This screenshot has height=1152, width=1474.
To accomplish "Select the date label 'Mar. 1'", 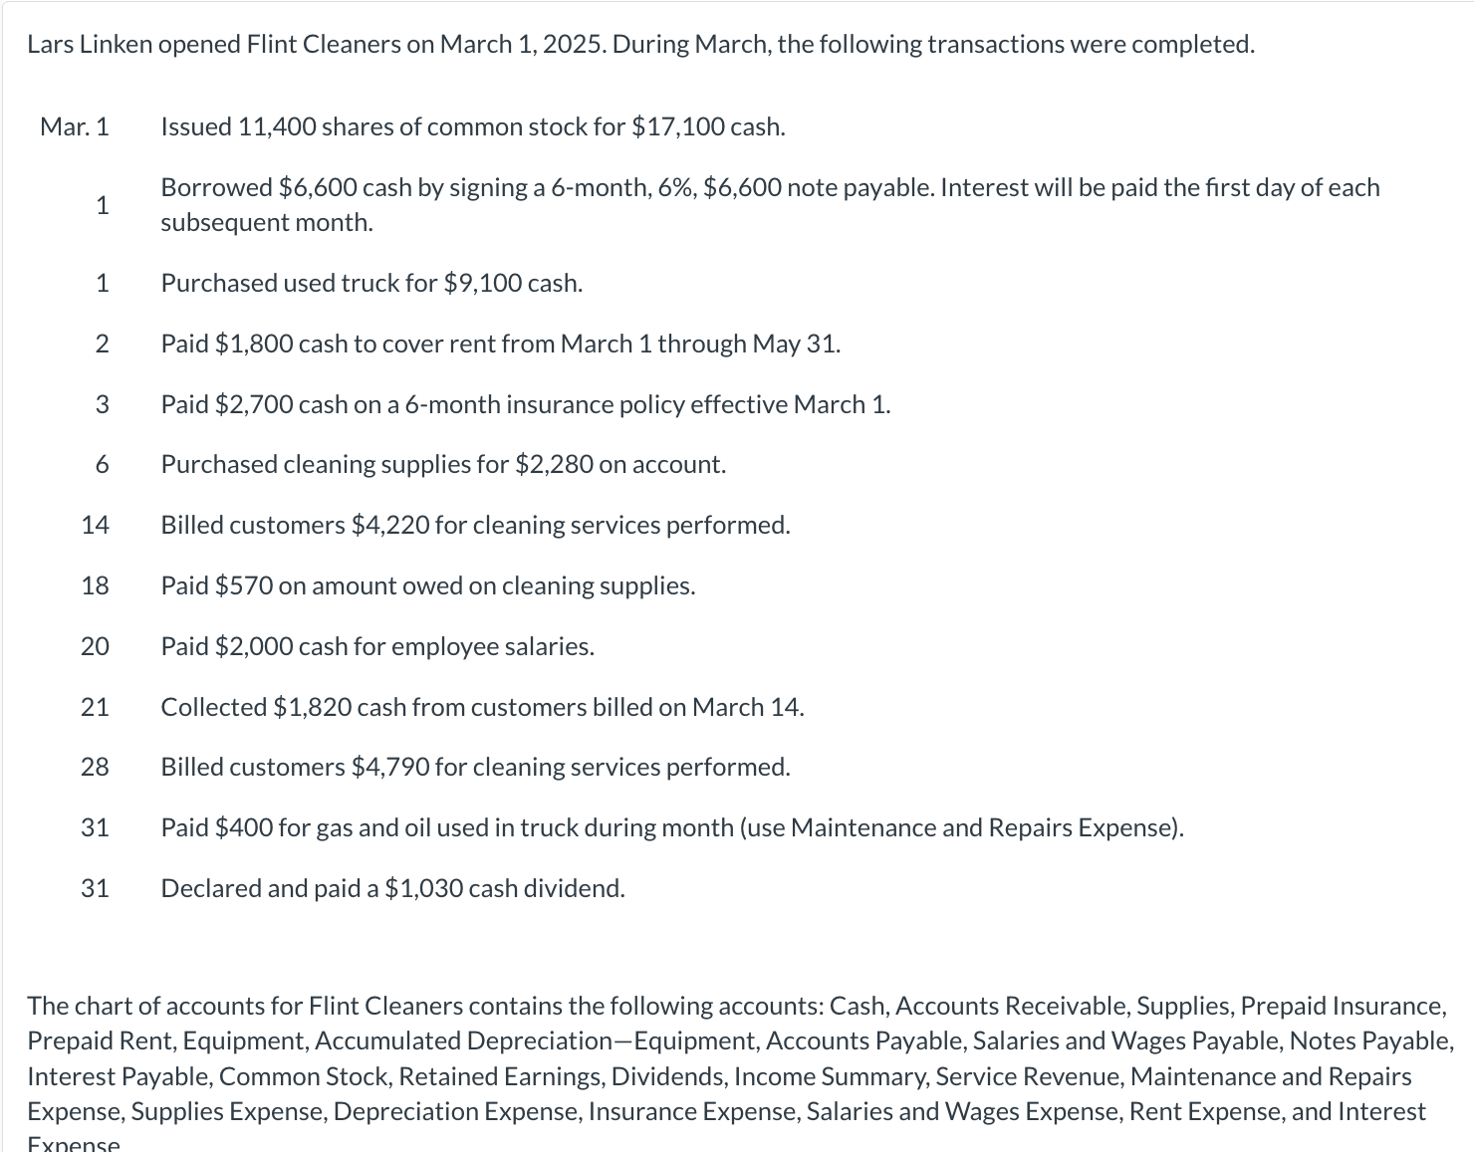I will coord(75,127).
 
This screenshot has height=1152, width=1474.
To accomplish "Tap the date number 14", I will coord(95,526).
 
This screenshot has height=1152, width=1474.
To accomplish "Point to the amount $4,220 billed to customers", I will coord(389,526).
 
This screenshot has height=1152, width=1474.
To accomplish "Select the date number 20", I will coord(95,647).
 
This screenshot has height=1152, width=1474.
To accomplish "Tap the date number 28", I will coord(95,768).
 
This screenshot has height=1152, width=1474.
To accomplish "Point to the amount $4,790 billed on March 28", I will coord(389,768).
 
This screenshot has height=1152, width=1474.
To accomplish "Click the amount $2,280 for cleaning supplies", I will coord(554,465).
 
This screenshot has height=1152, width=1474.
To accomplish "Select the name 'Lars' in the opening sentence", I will coord(49,45).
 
